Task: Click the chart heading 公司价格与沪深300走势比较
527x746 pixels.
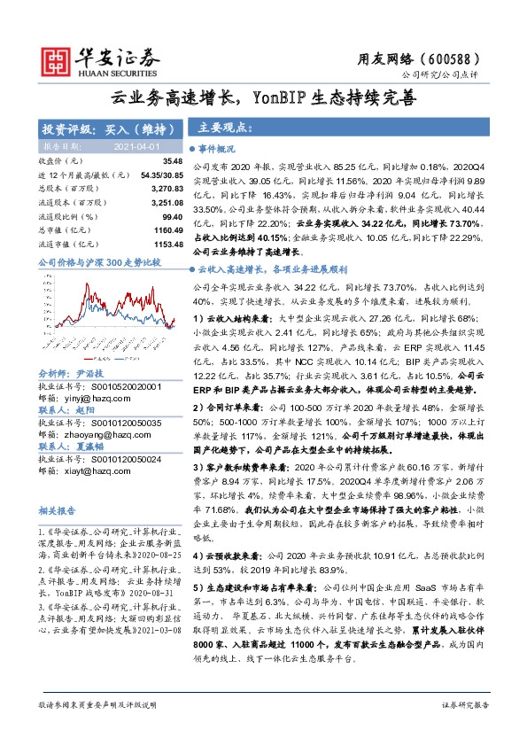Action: tap(99, 263)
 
